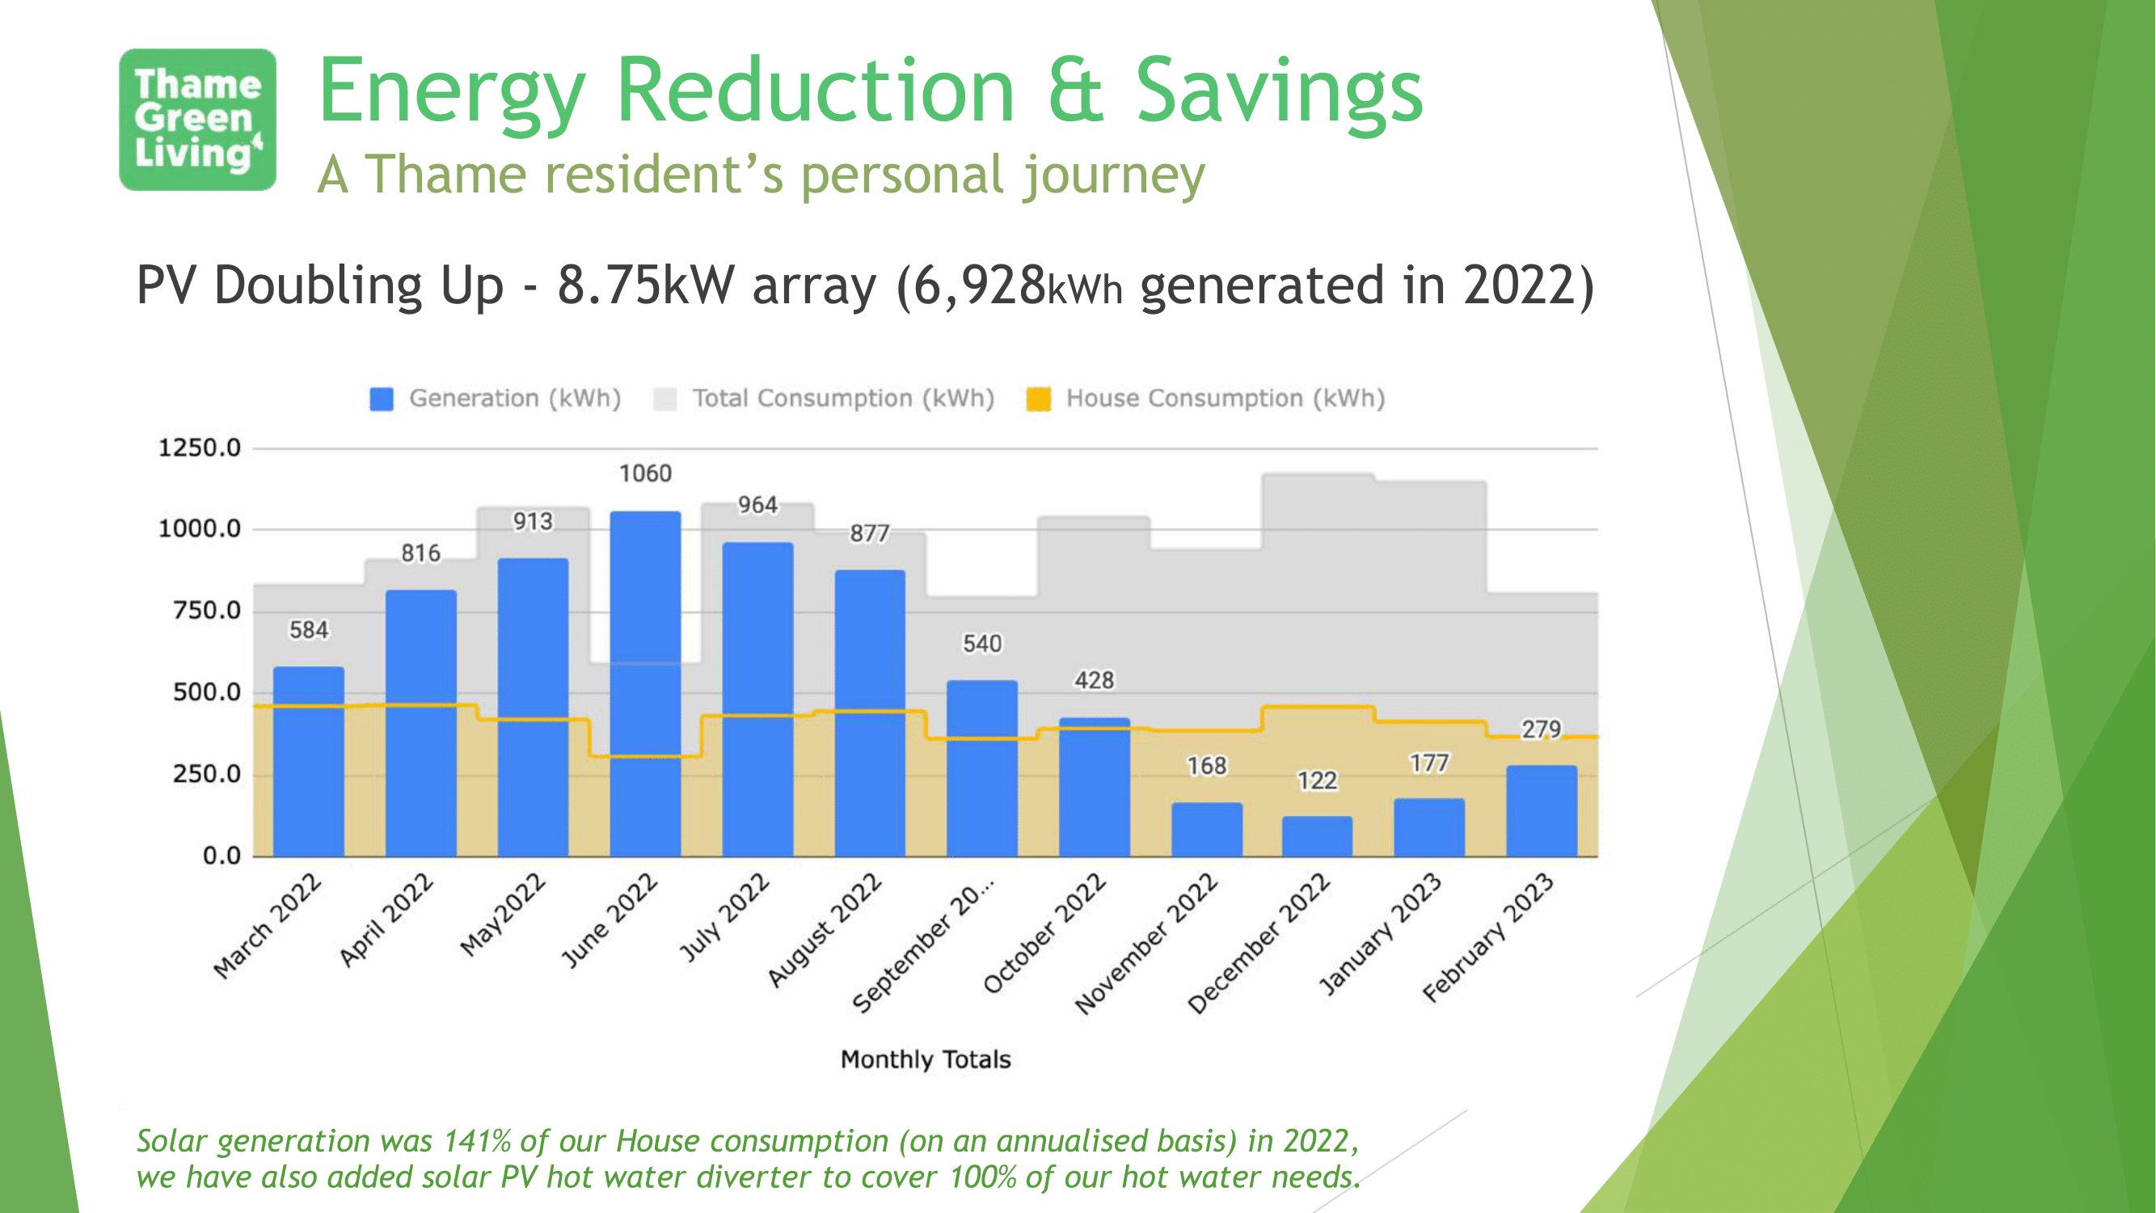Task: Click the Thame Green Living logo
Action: pos(197,120)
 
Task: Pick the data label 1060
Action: pos(645,474)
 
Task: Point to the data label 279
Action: pos(1541,729)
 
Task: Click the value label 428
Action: pos(1094,680)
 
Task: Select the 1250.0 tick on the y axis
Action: pos(199,448)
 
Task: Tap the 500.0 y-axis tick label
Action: pos(206,692)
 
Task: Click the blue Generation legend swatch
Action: pos(382,399)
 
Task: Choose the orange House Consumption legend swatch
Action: pos(1039,399)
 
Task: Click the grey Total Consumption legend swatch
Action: pos(665,399)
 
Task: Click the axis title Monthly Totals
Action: pos(926,1059)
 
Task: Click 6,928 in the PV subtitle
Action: pos(979,285)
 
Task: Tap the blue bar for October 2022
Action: pos(1094,786)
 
